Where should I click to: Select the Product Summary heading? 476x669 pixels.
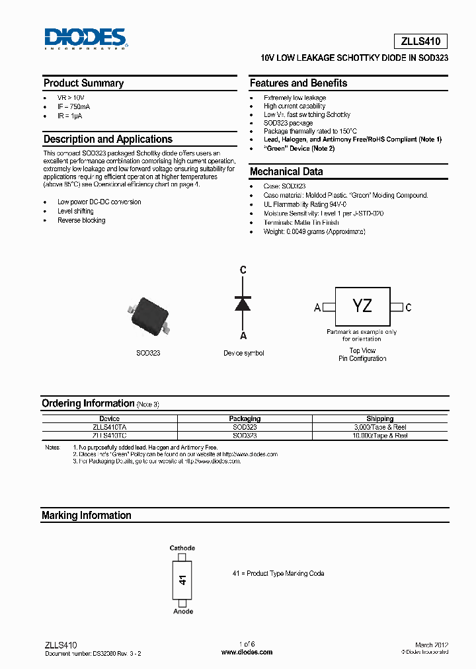[83, 83]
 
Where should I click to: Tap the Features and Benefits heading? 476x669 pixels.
[298, 83]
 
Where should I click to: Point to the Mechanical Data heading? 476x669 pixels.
[286, 172]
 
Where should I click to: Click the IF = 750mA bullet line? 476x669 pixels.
[74, 106]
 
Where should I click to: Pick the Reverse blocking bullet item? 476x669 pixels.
[81, 220]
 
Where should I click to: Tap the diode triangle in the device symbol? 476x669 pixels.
[243, 303]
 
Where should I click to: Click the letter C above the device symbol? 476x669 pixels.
[243, 270]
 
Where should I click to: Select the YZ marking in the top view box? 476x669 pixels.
[362, 305]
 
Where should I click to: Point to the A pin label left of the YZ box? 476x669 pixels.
[317, 307]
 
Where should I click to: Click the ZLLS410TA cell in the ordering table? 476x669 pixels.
[109, 427]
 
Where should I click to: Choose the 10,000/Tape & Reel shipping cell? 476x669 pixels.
[379, 436]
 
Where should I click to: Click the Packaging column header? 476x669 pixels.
[245, 418]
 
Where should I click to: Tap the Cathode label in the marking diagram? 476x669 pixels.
[182, 548]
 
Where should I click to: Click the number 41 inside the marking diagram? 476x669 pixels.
[183, 580]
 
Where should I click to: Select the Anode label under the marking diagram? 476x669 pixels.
[183, 611]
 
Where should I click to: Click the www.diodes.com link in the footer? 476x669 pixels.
[247, 652]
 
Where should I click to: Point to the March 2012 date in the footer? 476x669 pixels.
[432, 645]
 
